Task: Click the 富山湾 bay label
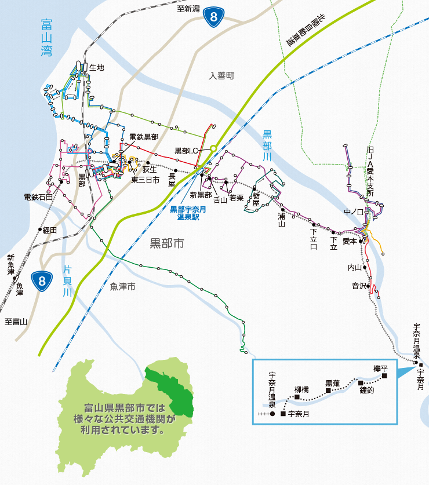pyautogui.click(x=46, y=38)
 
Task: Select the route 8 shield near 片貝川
pyautogui.click(x=42, y=282)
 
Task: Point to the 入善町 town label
pyautogui.click(x=221, y=75)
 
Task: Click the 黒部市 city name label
pyautogui.click(x=167, y=243)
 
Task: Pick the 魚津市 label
pyautogui.click(x=122, y=286)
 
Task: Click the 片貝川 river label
pyautogui.click(x=68, y=280)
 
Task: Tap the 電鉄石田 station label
pyautogui.click(x=38, y=197)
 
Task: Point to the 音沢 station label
pyautogui.click(x=359, y=286)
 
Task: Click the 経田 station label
pyautogui.click(x=50, y=230)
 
